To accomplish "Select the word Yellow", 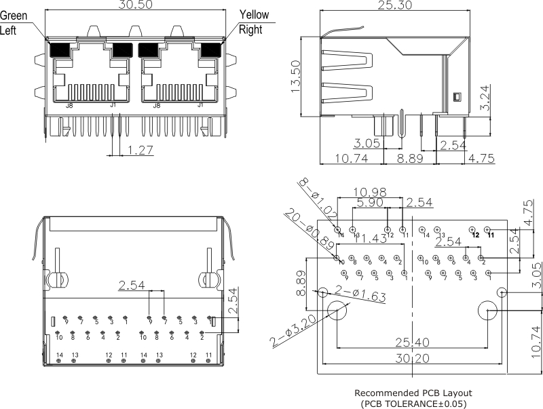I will point(254,15).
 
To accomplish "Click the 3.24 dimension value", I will point(483,98).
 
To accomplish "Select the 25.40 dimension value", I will point(411,341).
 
